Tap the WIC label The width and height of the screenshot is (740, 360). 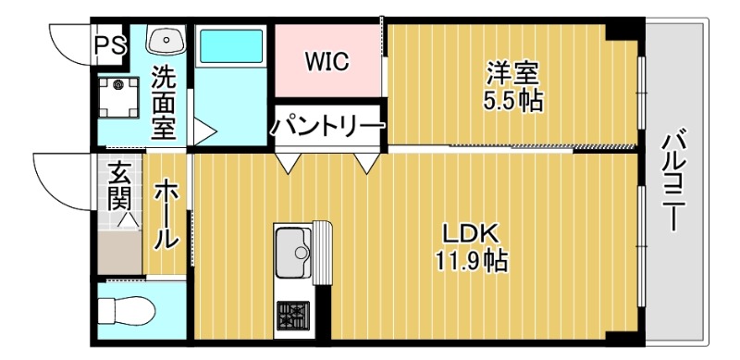click(327, 62)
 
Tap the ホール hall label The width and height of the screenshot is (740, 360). click(166, 215)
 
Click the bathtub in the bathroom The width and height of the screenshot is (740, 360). click(231, 44)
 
